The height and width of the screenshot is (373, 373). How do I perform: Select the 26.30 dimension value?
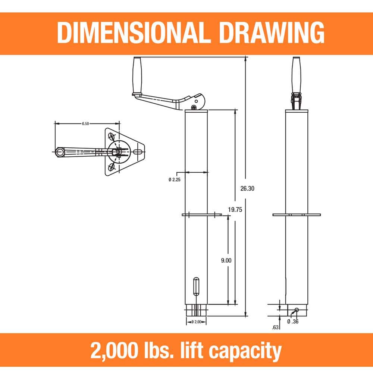(x=247, y=189)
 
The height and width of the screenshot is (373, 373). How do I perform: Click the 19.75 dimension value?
(x=235, y=210)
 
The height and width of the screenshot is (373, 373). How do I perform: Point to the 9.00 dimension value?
(x=226, y=261)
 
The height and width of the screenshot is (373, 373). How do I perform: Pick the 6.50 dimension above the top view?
(x=85, y=124)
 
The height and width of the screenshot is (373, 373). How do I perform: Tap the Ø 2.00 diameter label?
(x=196, y=322)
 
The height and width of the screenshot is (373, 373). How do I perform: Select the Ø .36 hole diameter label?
(x=293, y=321)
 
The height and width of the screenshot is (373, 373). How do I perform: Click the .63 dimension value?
(x=276, y=328)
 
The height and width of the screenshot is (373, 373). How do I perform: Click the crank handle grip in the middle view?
(x=137, y=75)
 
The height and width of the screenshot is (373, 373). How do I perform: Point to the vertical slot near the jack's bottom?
(x=196, y=286)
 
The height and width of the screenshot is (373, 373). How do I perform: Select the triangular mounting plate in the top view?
(x=125, y=151)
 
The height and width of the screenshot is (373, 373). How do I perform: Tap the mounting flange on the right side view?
(x=296, y=214)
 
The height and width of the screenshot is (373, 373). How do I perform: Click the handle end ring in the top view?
(x=59, y=151)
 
